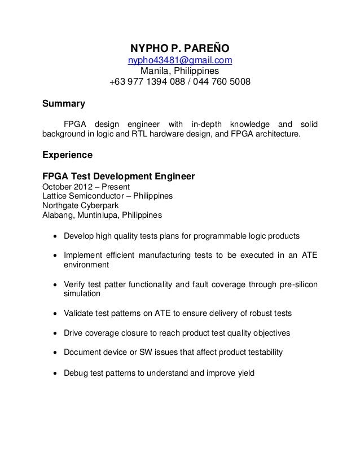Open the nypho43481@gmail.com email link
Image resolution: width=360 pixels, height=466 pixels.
pos(179,60)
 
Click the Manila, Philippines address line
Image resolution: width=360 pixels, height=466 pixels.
pos(179,72)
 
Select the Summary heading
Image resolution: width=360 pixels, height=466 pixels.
pos(64,104)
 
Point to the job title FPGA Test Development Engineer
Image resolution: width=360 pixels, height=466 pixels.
pos(119,177)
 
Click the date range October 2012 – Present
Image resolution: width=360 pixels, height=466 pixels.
pos(86,187)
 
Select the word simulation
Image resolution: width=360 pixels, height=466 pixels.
pos(82,294)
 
